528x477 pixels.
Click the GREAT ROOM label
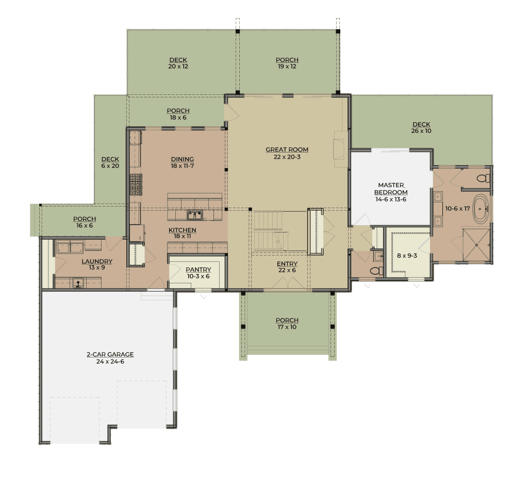coord(287,150)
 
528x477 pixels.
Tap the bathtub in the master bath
coord(481,209)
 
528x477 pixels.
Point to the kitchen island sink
coord(195,215)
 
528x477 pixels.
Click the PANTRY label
coord(199,270)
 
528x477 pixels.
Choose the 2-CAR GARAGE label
coord(110,354)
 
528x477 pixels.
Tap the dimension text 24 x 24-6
coord(110,362)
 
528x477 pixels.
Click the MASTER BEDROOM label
coord(391,189)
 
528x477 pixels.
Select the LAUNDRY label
coord(97,261)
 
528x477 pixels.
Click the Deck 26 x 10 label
coord(421,128)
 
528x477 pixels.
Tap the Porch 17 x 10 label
coord(287,323)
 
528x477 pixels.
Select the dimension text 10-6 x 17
coord(457,209)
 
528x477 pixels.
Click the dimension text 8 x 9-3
coord(407,255)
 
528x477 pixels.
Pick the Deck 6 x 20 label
coord(110,162)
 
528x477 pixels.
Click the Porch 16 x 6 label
coord(85,223)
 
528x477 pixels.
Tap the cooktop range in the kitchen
coord(136,185)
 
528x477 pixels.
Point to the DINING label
coord(182,159)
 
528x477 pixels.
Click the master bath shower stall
coord(476,245)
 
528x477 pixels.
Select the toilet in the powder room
coord(376,270)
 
